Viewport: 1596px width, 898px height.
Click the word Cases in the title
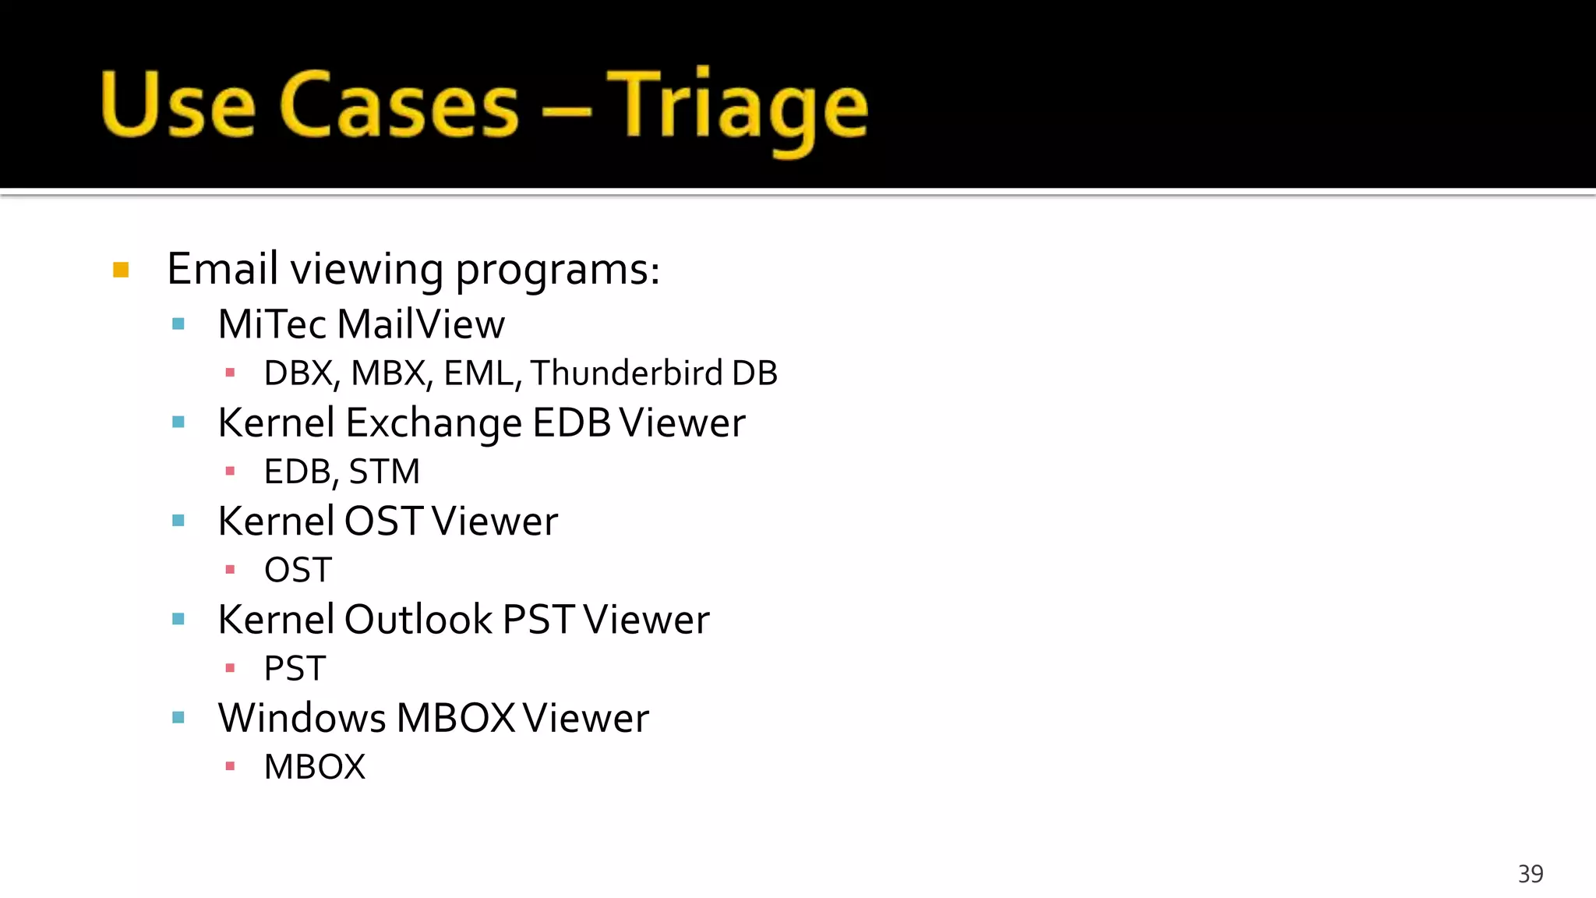point(398,105)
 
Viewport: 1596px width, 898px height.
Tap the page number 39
point(1530,874)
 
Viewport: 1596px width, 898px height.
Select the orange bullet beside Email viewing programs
point(121,270)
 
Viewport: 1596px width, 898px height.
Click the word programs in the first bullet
point(556,270)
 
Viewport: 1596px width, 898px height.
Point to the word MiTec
point(272,324)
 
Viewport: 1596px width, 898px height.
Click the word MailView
point(422,324)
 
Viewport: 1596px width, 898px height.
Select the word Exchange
point(433,423)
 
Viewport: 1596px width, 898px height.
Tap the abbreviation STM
point(384,472)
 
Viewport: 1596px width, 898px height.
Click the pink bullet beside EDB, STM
point(230,471)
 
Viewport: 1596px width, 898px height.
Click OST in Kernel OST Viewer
point(383,521)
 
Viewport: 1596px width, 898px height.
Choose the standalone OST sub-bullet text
point(298,570)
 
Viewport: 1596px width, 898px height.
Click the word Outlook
point(418,620)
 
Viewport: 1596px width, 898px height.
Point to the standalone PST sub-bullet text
point(295,669)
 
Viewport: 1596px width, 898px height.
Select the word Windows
point(302,718)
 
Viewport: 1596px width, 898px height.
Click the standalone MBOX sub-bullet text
point(314,767)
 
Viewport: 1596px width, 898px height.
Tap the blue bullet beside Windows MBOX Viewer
point(178,718)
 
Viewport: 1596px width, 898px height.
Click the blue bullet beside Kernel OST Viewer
point(178,521)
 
